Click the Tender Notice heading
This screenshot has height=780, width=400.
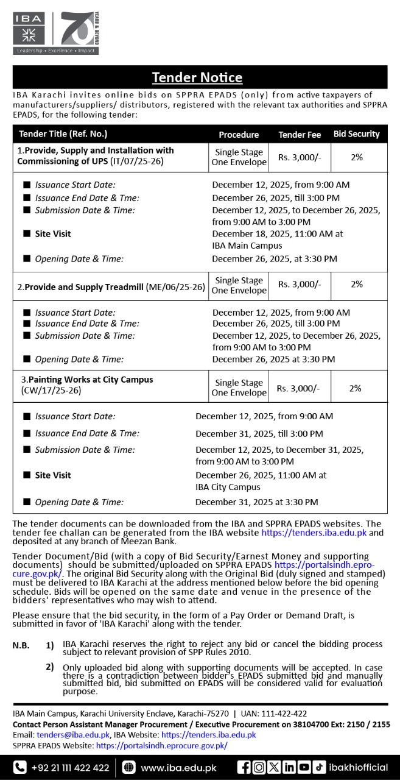197,77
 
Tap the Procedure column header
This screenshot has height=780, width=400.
239,134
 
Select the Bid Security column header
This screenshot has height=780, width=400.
356,133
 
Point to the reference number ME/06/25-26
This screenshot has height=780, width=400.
175,286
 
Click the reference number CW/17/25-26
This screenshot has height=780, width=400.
51,390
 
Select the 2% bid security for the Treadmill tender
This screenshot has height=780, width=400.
357,284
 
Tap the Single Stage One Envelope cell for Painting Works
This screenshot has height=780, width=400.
239,388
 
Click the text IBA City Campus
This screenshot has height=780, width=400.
228,487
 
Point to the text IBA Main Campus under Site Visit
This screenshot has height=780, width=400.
247,246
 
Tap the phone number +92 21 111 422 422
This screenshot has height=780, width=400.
70,767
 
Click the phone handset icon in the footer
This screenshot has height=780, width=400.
21,767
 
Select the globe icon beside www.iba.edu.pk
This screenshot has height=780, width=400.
129,767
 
